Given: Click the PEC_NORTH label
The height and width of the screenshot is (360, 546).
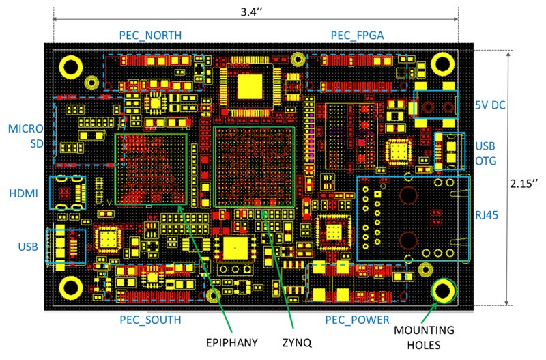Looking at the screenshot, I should coord(150,36).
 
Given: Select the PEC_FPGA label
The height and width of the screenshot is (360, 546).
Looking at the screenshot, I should coord(357,36).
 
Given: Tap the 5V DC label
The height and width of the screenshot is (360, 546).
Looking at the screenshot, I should coord(491,105).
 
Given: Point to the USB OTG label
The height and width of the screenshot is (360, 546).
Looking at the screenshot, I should coord(486,154).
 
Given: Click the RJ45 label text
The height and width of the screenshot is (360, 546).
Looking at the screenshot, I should coord(487,215).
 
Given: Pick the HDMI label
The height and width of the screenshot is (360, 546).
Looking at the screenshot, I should coord(23,194).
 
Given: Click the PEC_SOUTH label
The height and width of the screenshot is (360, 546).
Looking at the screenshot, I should coord(150,320).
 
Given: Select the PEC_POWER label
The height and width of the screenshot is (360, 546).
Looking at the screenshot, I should coord(357,320).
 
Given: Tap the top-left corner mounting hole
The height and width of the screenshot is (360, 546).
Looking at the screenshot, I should coord(71,66).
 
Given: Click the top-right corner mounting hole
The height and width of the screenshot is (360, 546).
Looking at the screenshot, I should coord(442,64).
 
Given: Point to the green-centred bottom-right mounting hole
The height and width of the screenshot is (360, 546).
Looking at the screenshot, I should coord(444,290).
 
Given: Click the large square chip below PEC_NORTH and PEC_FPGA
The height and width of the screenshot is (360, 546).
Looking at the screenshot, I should coord(250,87).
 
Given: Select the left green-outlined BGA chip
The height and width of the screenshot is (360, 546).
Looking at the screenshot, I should coord(151,169).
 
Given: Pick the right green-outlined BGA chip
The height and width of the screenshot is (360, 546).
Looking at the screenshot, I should coord(254,167).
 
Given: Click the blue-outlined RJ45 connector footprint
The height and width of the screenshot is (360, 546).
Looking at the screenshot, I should coord(413,219).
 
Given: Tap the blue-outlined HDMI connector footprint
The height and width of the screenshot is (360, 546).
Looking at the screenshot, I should coord(68,193).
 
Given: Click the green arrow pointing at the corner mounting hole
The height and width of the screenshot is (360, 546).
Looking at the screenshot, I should coord(427,315).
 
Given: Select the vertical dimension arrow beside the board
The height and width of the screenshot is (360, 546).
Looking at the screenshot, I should coord(508,178).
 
